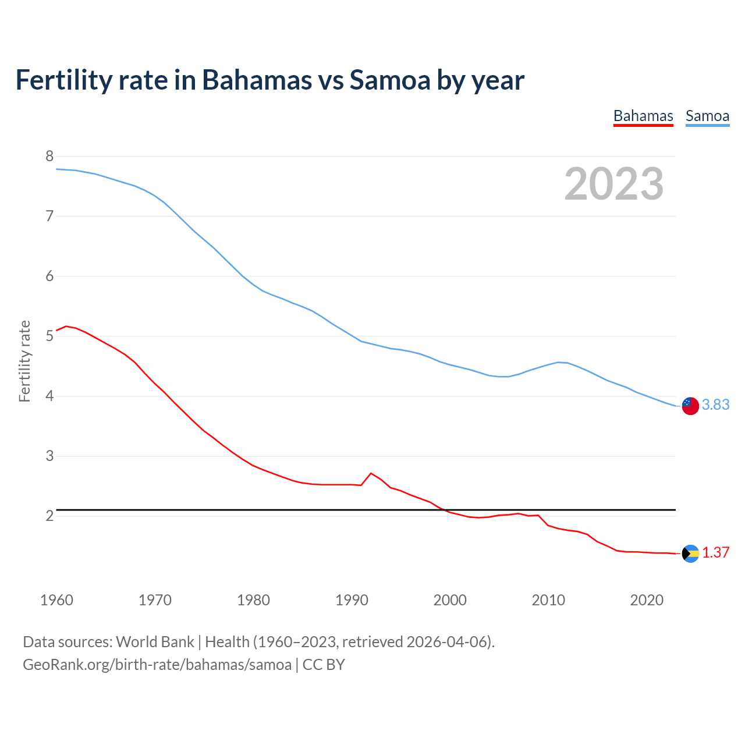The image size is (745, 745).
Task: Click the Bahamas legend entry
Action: (643, 116)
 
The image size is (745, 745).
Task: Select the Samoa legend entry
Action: (707, 116)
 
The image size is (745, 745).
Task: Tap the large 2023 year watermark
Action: (613, 184)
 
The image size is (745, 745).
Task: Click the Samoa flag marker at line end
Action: (690, 406)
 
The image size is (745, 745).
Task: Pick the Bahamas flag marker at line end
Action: (690, 554)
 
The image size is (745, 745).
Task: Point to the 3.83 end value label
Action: (715, 405)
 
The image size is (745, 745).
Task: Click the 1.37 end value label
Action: (715, 552)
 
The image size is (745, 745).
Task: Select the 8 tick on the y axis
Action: (49, 156)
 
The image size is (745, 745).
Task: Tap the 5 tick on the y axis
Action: (49, 336)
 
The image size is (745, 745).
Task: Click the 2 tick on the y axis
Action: (49, 516)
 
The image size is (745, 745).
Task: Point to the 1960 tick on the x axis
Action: (56, 600)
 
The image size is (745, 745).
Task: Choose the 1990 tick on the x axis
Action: (352, 600)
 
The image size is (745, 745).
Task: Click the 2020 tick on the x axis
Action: (647, 600)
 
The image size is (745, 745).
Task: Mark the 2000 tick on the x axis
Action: (450, 600)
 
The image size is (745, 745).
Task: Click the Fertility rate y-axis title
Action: (24, 361)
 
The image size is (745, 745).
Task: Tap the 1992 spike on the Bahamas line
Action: (371, 473)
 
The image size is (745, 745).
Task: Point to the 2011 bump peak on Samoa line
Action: (558, 362)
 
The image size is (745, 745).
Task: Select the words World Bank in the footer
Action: (155, 641)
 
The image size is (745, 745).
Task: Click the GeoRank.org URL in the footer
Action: (157, 664)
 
